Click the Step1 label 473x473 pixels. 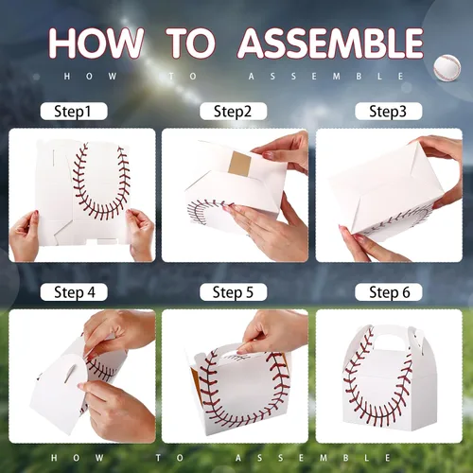(74, 112)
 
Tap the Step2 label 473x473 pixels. (233, 112)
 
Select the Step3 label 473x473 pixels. (389, 112)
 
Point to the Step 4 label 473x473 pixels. (74, 292)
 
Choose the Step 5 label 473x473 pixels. (233, 292)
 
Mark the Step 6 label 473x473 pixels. (389, 292)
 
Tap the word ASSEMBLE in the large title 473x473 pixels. (330, 43)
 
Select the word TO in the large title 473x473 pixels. (191, 43)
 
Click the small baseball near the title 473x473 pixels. (447, 68)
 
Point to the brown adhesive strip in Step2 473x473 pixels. (239, 164)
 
